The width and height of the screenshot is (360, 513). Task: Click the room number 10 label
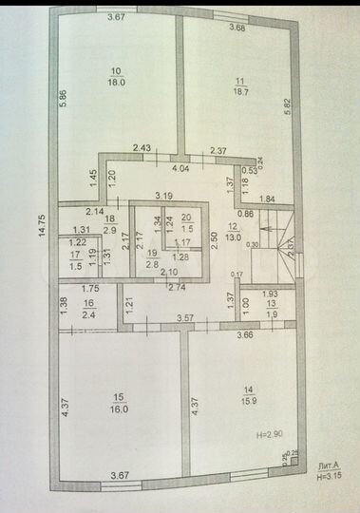[x=116, y=71]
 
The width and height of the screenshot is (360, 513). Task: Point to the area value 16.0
[x=118, y=409]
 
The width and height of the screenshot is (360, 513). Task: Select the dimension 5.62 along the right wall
[x=289, y=109]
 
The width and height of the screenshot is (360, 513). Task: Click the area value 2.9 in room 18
[x=109, y=230]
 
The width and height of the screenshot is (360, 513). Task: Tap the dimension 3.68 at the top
[x=237, y=28]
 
